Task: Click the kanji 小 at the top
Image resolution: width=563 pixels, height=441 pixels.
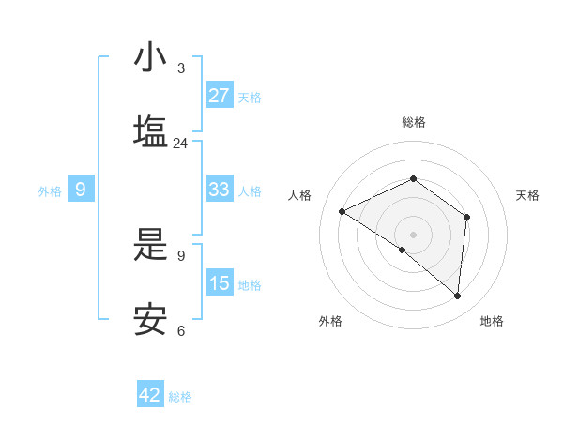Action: click(x=150, y=57)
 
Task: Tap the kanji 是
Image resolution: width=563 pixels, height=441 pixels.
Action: click(x=150, y=245)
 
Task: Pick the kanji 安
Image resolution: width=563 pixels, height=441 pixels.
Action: click(x=150, y=320)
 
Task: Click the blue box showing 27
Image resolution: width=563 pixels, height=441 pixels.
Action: click(x=220, y=96)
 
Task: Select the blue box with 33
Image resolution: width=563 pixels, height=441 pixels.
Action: click(x=220, y=190)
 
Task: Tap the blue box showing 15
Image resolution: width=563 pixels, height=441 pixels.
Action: click(x=220, y=283)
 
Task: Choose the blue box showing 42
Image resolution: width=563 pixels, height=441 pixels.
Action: click(x=150, y=395)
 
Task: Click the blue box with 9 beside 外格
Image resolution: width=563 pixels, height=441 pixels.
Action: click(x=81, y=190)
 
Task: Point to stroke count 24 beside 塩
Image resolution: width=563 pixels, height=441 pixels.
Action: click(x=180, y=144)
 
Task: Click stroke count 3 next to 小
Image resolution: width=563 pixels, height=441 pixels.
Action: click(x=180, y=68)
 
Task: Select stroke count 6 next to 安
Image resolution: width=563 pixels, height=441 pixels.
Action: click(x=180, y=330)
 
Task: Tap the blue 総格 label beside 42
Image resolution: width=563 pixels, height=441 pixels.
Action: click(x=180, y=397)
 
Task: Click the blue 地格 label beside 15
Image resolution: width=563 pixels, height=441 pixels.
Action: click(x=250, y=285)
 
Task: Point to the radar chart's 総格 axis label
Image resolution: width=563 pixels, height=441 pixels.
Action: click(x=413, y=122)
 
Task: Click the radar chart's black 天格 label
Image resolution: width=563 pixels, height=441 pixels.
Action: click(x=527, y=195)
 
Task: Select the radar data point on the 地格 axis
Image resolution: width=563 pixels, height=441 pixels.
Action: click(x=458, y=297)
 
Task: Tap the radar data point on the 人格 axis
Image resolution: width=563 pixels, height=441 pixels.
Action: click(x=342, y=212)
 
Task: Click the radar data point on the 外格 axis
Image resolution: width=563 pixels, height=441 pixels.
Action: click(x=403, y=250)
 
